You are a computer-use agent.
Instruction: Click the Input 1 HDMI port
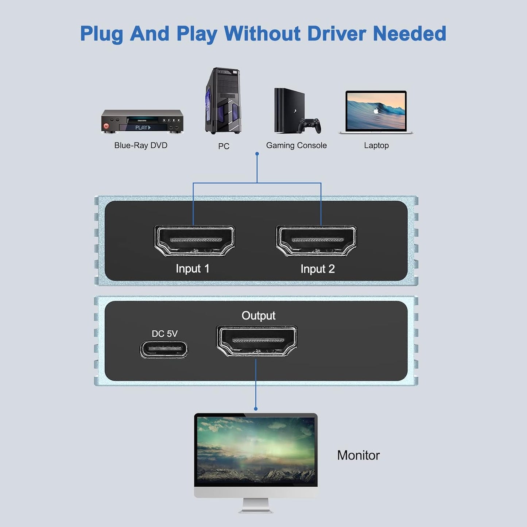[x=194, y=241]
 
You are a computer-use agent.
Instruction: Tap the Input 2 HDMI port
[x=316, y=241]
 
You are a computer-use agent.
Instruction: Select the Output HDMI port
[x=257, y=341]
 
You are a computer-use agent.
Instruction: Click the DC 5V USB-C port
[x=164, y=349]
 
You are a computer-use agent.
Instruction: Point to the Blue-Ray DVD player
[x=142, y=121]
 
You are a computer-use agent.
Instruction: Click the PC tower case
[x=223, y=101]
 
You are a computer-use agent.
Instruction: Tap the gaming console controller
[x=310, y=126]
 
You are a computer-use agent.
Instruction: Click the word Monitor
[x=358, y=455]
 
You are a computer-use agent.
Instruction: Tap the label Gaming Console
[x=296, y=146]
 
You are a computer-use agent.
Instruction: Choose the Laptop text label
[x=376, y=146]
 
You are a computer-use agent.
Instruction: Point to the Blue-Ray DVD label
[x=141, y=146]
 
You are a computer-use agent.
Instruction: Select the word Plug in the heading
[x=102, y=34]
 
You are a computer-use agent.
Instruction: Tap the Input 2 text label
[x=317, y=269]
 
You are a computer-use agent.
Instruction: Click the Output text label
[x=258, y=315]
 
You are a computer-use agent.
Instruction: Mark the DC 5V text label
[x=164, y=334]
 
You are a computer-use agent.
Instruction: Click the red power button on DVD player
[x=106, y=126]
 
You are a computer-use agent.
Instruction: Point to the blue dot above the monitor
[x=256, y=409]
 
